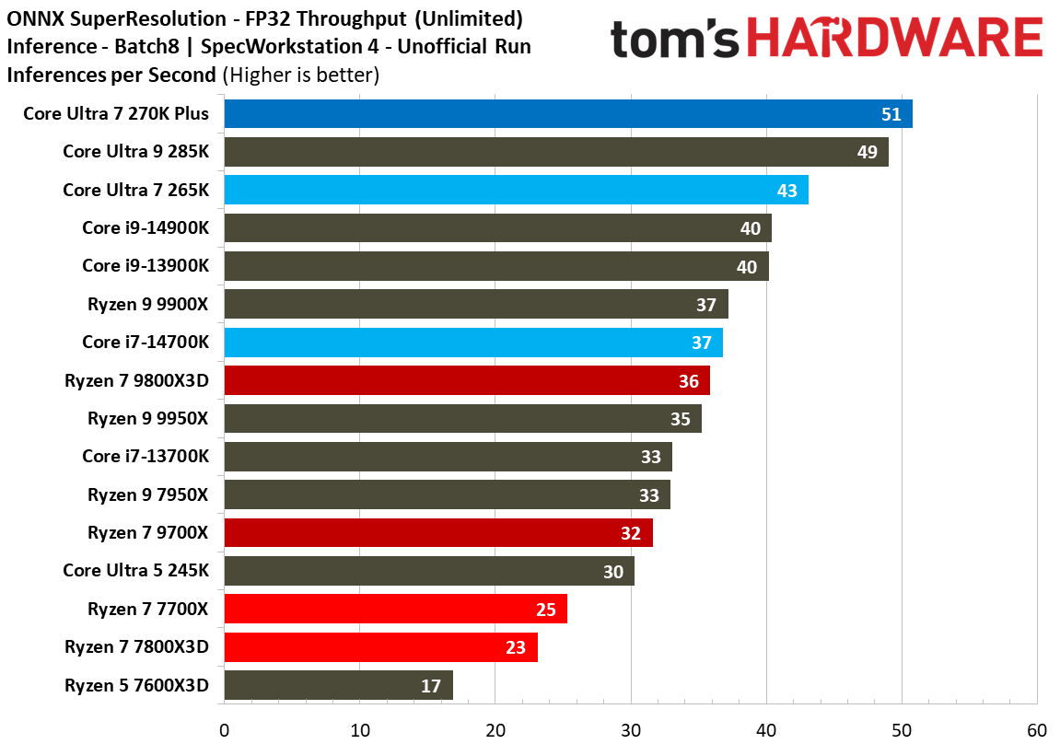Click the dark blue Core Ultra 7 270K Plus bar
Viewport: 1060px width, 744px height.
[567, 114]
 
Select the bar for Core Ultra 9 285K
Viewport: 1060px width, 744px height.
[555, 152]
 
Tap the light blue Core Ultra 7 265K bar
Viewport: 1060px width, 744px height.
[516, 190]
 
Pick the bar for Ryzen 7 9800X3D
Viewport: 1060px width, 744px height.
[466, 380]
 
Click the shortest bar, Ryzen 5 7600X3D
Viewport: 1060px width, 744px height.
[338, 685]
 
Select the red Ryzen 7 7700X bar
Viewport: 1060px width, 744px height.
[395, 609]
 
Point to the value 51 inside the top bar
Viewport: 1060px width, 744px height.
[891, 114]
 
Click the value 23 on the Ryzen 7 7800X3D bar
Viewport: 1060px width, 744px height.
[516, 647]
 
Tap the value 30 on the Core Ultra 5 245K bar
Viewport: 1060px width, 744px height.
[613, 572]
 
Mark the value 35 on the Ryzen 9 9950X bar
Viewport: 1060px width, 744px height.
[681, 419]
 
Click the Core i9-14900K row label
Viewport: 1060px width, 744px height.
[146, 227]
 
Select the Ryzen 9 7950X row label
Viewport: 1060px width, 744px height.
[148, 494]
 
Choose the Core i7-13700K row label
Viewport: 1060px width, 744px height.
[146, 456]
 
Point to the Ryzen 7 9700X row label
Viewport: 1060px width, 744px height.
[148, 532]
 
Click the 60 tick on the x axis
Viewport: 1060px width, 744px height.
[1037, 730]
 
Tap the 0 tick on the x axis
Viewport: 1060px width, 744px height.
[224, 730]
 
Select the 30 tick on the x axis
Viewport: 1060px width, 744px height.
[631, 730]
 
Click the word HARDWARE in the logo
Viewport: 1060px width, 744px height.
[894, 40]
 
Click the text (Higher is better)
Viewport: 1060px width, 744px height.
[301, 75]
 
